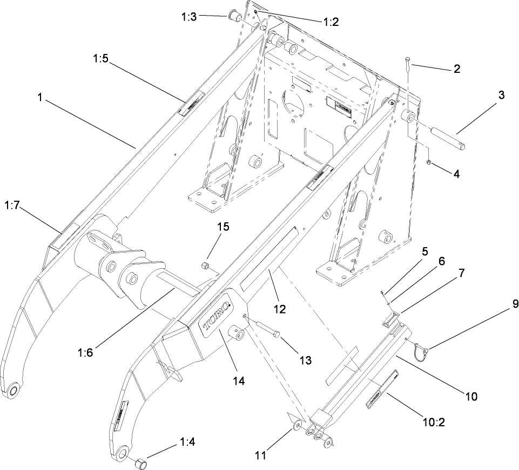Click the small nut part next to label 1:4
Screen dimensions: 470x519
point(140,463)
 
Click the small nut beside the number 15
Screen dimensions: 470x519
point(205,265)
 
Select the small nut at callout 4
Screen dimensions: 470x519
point(427,162)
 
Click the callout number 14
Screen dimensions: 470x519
point(238,380)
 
